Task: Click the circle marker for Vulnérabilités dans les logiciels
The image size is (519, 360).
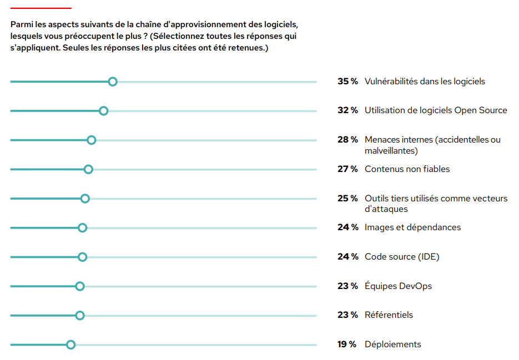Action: pos(113,82)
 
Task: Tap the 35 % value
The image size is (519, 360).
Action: pos(347,82)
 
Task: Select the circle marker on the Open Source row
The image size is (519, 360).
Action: pos(103,111)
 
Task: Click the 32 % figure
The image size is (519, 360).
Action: pos(347,110)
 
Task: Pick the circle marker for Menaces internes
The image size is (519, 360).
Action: pos(92,140)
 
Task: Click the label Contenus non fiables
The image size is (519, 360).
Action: pos(407,169)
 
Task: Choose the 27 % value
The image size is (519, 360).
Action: pos(347,169)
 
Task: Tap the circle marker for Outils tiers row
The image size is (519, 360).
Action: pos(85,199)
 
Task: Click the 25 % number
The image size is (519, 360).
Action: pos(347,199)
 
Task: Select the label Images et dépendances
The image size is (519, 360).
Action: pos(412,227)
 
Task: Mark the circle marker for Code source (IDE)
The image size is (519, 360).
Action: pos(83,257)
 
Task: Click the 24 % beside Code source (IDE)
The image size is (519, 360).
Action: pos(347,257)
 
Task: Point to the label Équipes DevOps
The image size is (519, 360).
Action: pos(398,286)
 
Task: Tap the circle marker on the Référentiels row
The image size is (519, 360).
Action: pos(80,316)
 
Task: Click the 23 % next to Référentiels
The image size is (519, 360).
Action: pos(347,315)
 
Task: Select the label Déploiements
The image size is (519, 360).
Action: pos(392,344)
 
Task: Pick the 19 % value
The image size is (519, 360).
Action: pos(347,344)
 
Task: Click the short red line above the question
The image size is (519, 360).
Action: pos(41,8)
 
